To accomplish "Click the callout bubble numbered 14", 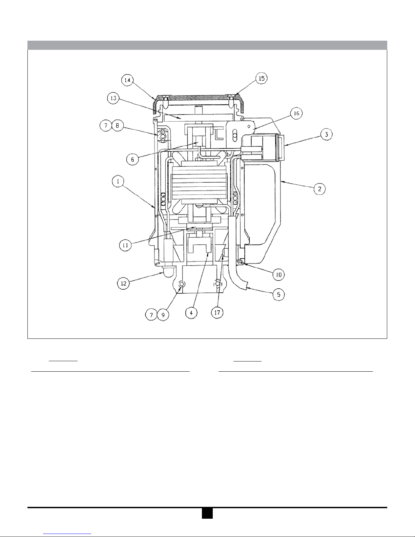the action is pos(127,80).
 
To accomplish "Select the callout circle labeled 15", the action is pos(261,78).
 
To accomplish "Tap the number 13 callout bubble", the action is pos(113,98).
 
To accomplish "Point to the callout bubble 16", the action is pos(296,113).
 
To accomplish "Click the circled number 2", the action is pos(320,189).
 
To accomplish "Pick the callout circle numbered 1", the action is pos(118,181).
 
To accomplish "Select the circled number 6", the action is pos(132,159).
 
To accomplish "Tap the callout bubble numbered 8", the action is pos(118,126).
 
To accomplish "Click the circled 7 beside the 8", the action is pos(106,126).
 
